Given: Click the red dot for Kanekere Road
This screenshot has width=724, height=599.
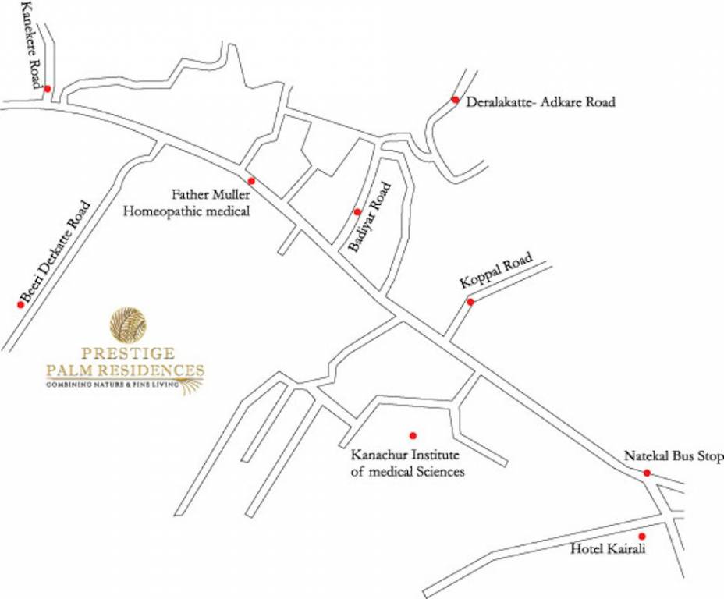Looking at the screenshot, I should point(47,89).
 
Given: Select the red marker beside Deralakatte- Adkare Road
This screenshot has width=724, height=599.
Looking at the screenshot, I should point(455,100).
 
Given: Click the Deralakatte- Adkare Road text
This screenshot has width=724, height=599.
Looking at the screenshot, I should point(541,102).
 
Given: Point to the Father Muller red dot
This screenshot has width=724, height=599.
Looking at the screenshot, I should point(251,180).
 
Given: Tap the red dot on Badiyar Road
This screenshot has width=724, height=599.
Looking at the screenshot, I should point(357,211).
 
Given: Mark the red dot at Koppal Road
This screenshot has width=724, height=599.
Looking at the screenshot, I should point(470,302).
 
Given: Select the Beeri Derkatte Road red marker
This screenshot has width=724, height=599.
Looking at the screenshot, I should point(21,304).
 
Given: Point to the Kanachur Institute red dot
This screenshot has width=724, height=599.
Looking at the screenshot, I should point(413,435).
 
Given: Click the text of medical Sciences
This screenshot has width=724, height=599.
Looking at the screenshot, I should point(407,472).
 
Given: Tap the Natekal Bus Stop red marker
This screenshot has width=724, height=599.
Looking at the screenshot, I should point(647,473).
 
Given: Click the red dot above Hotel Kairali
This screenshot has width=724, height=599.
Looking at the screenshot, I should point(642,536).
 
